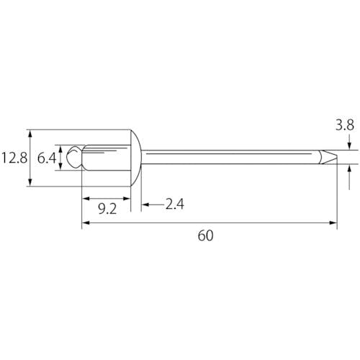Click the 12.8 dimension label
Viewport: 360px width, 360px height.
tap(14, 158)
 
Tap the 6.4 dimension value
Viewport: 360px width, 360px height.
tap(47, 158)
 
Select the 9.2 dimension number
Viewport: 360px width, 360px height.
tap(107, 209)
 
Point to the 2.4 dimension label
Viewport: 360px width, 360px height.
tap(175, 204)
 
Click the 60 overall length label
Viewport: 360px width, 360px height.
tap(205, 235)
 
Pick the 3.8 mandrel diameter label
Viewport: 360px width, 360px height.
tap(345, 125)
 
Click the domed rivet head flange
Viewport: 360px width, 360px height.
tap(136, 158)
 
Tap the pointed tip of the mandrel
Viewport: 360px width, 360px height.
tap(337, 157)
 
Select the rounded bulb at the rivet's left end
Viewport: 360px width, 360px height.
tap(74, 157)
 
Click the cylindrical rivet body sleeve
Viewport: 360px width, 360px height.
tap(107, 158)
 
